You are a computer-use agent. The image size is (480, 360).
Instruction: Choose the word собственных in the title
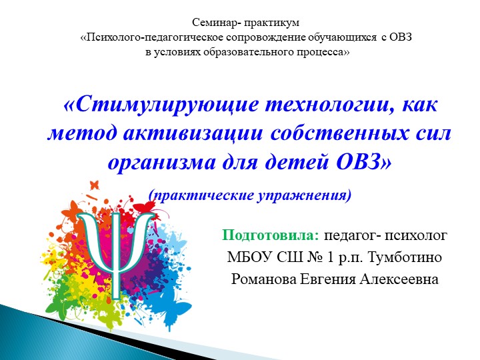tap(341, 133)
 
